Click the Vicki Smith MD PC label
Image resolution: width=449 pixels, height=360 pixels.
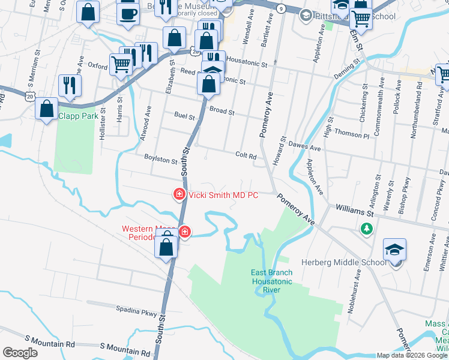[x=223, y=194]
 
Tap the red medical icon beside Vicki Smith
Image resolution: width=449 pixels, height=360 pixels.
[x=179, y=194]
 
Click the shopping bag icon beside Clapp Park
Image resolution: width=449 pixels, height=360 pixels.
[x=47, y=109]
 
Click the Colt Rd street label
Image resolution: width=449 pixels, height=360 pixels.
[x=246, y=155]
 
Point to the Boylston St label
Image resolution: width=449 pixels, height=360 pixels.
[x=161, y=161]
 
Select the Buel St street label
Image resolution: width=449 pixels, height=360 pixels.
[x=184, y=115]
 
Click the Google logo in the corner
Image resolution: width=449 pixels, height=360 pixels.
[x=20, y=353]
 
